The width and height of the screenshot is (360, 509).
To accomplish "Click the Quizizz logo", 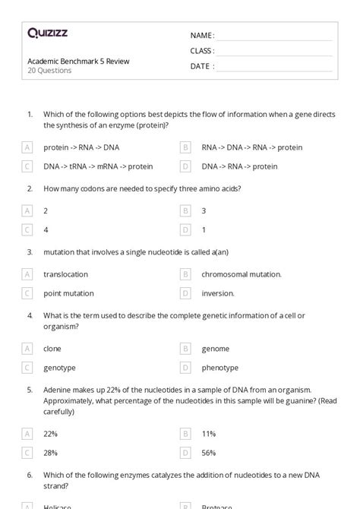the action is pyautogui.click(x=47, y=33).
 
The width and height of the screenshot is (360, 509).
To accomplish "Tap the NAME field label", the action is pyautogui.click(x=201, y=36).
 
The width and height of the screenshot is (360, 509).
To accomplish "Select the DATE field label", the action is pyautogui.click(x=201, y=66).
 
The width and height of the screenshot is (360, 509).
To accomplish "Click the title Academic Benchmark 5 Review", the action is pyautogui.click(x=78, y=61).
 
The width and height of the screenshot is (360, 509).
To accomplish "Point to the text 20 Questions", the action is pyautogui.click(x=49, y=71).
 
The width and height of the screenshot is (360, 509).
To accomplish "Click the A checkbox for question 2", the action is pyautogui.click(x=28, y=210).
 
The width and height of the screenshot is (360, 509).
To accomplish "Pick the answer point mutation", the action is pyautogui.click(x=68, y=292).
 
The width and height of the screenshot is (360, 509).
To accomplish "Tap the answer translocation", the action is pyautogui.click(x=66, y=274).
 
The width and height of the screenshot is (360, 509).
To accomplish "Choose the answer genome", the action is pyautogui.click(x=216, y=349).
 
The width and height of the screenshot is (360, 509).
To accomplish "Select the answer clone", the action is pyautogui.click(x=52, y=349).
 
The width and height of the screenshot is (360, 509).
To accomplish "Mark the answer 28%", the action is pyautogui.click(x=51, y=453).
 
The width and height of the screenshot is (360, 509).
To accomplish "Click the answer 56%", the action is pyautogui.click(x=209, y=453).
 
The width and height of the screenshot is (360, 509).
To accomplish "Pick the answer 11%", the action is pyautogui.click(x=209, y=434).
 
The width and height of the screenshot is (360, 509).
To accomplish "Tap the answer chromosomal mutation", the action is pyautogui.click(x=242, y=274).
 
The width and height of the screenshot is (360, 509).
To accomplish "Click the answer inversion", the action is pyautogui.click(x=218, y=292).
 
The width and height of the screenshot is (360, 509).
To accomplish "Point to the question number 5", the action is pyautogui.click(x=30, y=390).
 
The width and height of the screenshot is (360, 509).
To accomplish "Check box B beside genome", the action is pyautogui.click(x=185, y=349).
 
